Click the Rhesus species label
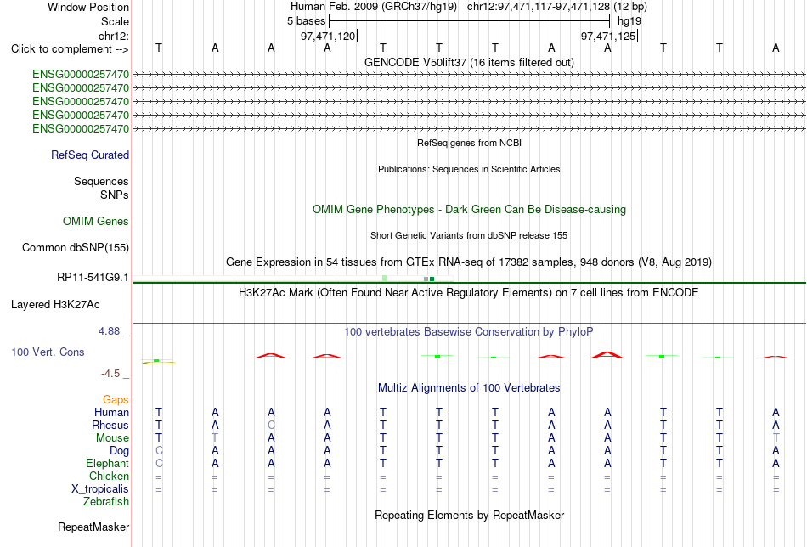coord(110,425)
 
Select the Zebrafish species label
coord(106,501)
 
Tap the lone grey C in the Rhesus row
coord(271,425)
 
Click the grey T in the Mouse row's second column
coord(215,438)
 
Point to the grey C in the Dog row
coord(159,451)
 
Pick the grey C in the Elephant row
coord(159,464)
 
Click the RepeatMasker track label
coord(93,527)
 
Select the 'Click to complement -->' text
coord(70,49)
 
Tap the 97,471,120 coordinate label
coord(328,36)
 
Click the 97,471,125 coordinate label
coord(608,36)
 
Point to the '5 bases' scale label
coord(306,21)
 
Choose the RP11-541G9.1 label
coord(93,278)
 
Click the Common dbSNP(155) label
coord(75,247)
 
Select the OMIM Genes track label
coord(96,222)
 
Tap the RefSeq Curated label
coord(90,155)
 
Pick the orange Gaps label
coord(116,400)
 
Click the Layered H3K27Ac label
coord(55,305)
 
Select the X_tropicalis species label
coord(100,489)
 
